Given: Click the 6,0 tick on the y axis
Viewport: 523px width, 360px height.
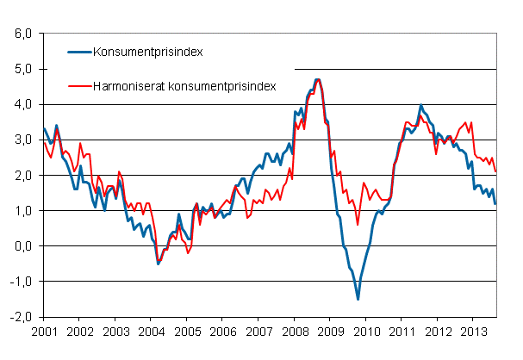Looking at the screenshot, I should tap(24, 34).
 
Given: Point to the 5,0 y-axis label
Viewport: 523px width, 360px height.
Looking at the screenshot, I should tap(24, 69).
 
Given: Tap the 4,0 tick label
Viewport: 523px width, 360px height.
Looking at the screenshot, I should tap(24, 104).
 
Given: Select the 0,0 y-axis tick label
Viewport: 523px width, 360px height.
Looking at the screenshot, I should tap(24, 245).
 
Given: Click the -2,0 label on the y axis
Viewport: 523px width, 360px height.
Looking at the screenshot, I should tap(22, 316).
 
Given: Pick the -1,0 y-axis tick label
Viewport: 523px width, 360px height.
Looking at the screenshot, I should tap(22, 281).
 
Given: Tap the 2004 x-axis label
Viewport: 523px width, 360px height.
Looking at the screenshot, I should tap(151, 330).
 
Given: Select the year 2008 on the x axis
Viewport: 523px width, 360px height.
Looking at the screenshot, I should tap(295, 330).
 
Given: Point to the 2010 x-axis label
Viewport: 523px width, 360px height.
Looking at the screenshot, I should tap(366, 330).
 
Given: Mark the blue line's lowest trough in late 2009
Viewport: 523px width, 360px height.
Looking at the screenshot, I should tap(358, 299).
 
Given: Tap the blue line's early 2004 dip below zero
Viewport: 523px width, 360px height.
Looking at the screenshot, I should tap(158, 264).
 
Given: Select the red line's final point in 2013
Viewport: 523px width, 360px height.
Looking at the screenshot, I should tap(495, 171).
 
